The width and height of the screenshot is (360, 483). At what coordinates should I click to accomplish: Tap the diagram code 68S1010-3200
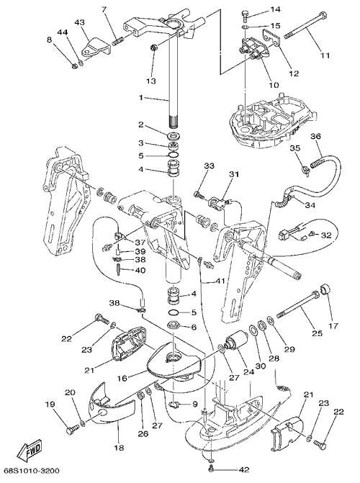(x=32, y=471)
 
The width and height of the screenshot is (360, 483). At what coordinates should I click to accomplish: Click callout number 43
(x=79, y=22)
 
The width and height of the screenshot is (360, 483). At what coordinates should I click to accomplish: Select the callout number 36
(x=315, y=136)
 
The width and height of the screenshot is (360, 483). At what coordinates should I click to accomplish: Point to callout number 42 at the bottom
(x=243, y=470)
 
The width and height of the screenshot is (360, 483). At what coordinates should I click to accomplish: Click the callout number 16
(x=122, y=378)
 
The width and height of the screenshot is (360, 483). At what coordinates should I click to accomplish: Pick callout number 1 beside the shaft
(x=140, y=98)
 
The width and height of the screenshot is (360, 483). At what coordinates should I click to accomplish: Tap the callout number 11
(x=325, y=55)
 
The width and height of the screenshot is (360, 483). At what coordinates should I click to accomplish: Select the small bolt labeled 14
(x=245, y=15)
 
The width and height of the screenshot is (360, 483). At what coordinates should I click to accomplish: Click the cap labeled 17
(x=325, y=289)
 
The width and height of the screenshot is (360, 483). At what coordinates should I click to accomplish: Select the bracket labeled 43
(x=96, y=47)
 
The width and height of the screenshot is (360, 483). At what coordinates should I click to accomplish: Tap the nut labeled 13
(x=153, y=48)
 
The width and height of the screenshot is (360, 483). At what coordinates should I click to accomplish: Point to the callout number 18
(x=119, y=447)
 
